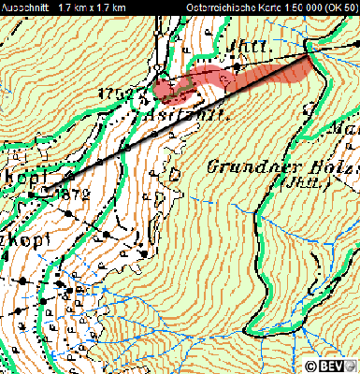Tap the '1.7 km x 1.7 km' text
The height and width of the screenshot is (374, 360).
click(x=92, y=7)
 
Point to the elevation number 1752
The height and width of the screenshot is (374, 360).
click(x=123, y=94)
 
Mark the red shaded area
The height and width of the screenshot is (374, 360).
click(x=224, y=79)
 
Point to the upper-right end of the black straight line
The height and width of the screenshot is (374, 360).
click(x=310, y=54)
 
